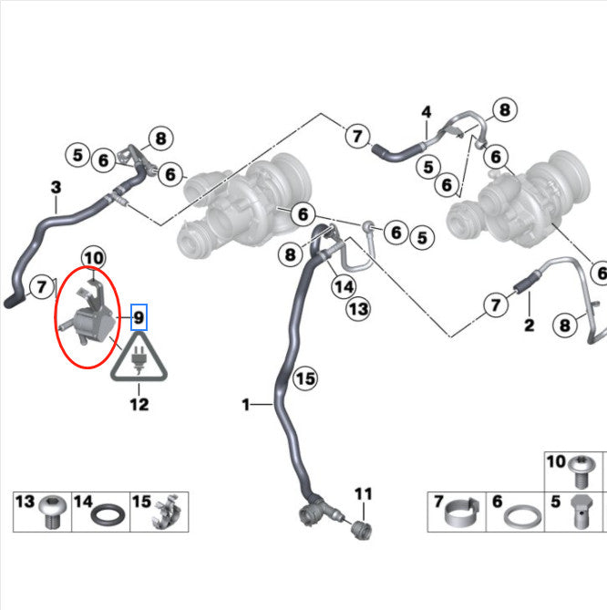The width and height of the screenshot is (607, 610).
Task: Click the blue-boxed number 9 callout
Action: (x=139, y=317)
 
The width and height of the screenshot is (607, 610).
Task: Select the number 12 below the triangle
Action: (x=139, y=405)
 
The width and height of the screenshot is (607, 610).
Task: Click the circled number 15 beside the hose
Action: (x=305, y=378)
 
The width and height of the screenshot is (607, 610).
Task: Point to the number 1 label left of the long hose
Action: (x=245, y=405)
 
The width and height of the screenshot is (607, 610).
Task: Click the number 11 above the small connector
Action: (x=363, y=494)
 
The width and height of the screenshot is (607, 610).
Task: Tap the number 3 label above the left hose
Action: (x=56, y=187)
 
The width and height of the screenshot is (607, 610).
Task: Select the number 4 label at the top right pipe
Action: (x=427, y=112)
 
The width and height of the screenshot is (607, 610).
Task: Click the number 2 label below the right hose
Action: (x=529, y=325)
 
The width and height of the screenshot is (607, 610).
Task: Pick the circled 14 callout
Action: (x=344, y=286)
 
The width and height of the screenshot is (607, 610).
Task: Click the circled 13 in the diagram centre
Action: (x=358, y=309)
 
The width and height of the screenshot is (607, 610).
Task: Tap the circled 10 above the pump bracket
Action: (x=94, y=258)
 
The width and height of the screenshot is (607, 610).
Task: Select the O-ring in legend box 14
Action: (x=108, y=514)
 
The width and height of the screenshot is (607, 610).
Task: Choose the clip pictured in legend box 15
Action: (x=167, y=512)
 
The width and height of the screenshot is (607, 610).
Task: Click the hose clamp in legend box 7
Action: (x=462, y=512)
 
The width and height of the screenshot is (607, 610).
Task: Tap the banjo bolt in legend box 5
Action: (x=581, y=512)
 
